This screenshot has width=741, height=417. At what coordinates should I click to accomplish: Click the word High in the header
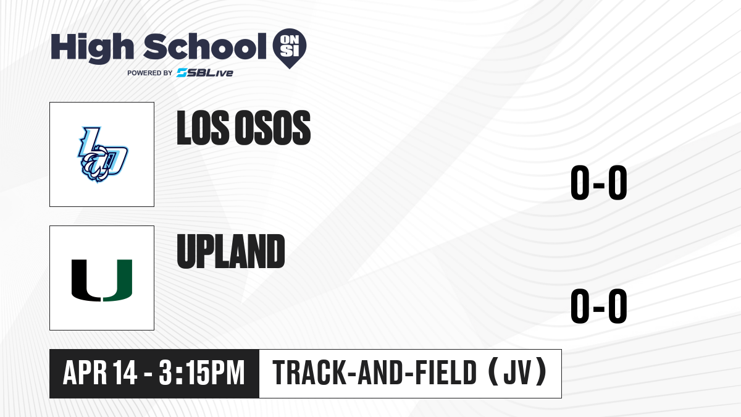click(92, 48)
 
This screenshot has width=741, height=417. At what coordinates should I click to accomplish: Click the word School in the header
click(204, 47)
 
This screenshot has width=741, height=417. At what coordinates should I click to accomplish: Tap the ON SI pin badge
click(290, 48)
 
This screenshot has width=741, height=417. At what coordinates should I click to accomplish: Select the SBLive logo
click(204, 73)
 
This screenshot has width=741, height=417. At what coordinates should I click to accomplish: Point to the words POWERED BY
click(150, 73)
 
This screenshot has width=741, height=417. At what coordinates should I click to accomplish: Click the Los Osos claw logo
click(103, 154)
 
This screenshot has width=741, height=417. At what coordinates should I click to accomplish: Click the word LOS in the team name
click(203, 128)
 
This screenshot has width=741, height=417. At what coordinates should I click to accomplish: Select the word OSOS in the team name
click(272, 128)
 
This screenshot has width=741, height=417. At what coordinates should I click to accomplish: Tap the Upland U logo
click(102, 280)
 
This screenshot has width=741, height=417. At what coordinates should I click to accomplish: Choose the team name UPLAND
click(231, 251)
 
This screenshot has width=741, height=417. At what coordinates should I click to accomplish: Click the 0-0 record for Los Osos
click(599, 182)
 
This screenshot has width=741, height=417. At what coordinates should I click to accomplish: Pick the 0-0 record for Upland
click(599, 306)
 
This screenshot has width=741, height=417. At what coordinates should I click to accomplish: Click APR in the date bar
click(85, 373)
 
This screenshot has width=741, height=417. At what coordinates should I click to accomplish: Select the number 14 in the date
click(125, 373)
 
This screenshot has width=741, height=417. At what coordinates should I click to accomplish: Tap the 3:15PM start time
click(202, 373)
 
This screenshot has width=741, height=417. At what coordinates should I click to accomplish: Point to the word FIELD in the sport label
click(446, 373)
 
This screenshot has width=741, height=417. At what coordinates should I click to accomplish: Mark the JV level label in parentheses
click(518, 373)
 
